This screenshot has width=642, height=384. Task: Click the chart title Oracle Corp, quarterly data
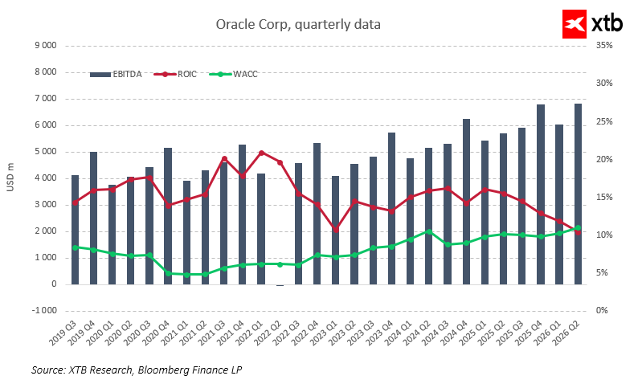(298, 25)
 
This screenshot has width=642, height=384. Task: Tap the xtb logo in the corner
(592, 24)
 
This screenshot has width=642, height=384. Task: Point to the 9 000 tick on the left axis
(44, 46)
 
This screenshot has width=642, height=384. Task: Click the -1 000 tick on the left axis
(43, 310)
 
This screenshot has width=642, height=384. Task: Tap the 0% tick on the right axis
(600, 310)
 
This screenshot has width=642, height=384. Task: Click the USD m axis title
(10, 178)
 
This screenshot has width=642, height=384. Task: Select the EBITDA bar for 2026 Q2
(578, 194)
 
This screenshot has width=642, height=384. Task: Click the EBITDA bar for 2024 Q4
(466, 202)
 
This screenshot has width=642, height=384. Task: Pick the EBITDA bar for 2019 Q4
(94, 218)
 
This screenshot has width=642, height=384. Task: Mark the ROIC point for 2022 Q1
(261, 153)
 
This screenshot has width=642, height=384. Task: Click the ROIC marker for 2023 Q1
(336, 230)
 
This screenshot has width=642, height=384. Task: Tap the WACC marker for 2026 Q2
(578, 228)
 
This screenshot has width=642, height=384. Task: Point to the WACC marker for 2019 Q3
(76, 247)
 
